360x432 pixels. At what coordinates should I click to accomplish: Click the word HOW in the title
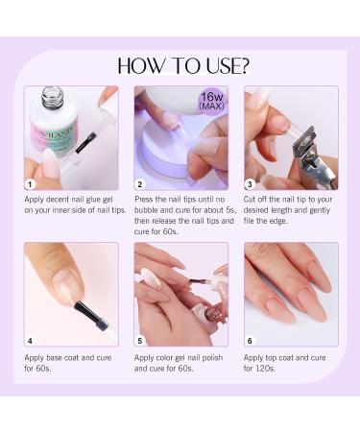[144, 65]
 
